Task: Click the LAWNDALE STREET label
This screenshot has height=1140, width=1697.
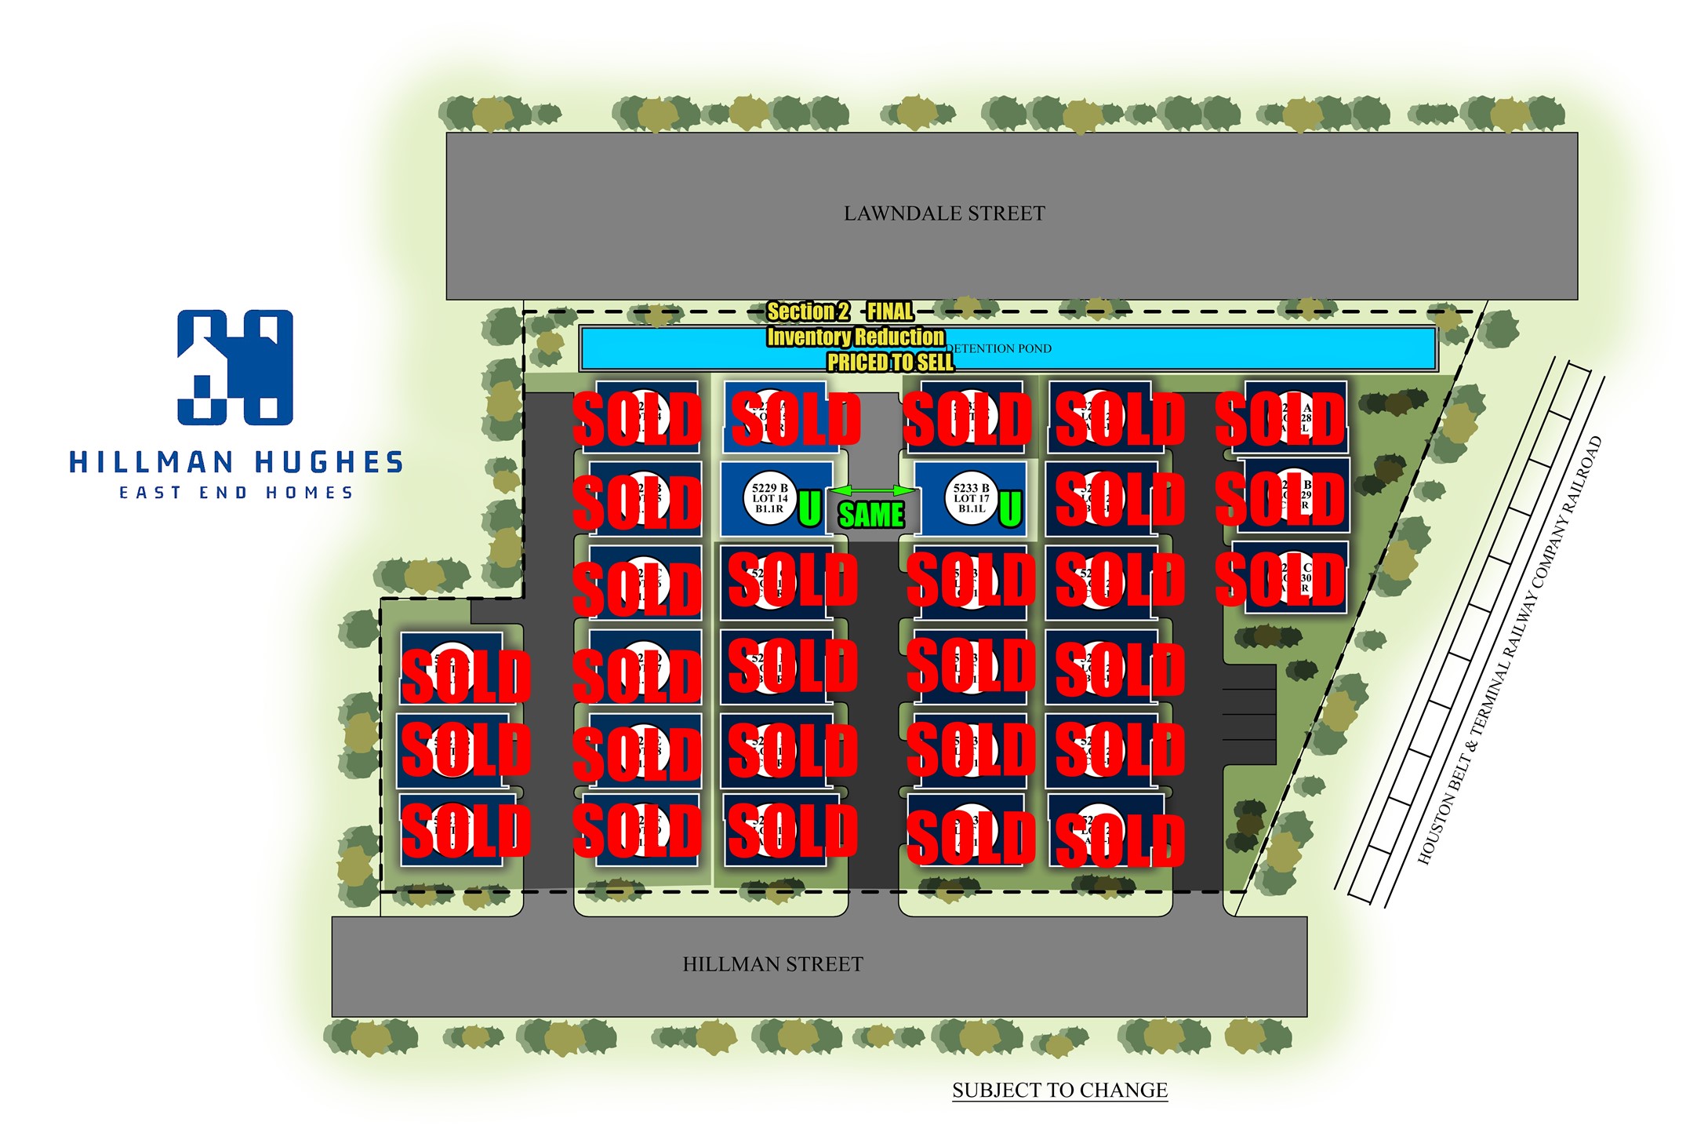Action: click(x=943, y=213)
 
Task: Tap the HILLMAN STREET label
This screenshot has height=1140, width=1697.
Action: click(x=772, y=964)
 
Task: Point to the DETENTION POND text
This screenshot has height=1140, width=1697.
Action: click(x=998, y=348)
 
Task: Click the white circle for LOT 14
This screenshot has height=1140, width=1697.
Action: click(x=769, y=498)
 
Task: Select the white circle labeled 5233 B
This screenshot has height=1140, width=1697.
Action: click(x=971, y=498)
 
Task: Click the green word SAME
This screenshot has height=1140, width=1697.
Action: click(x=871, y=515)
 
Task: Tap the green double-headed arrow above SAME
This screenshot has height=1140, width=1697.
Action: click(x=871, y=491)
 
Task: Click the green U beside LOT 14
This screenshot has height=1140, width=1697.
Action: click(x=809, y=508)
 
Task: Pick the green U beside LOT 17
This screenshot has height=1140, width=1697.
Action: click(x=1010, y=508)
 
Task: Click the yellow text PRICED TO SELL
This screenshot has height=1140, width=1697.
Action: click(x=890, y=362)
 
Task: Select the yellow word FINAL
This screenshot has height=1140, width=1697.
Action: click(x=890, y=311)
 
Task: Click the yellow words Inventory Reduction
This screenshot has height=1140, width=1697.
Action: click(x=856, y=337)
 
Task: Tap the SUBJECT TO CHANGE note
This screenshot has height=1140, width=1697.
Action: click(x=1059, y=1090)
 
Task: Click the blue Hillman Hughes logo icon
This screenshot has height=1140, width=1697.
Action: click(x=235, y=367)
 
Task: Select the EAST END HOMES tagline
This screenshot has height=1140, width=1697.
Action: click(x=236, y=493)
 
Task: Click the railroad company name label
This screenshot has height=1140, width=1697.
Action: click(x=1510, y=651)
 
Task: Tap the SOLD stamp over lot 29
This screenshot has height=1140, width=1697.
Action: click(x=1280, y=499)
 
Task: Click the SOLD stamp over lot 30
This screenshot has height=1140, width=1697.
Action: click(x=1280, y=580)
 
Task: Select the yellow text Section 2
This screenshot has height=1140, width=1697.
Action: click(x=808, y=311)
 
